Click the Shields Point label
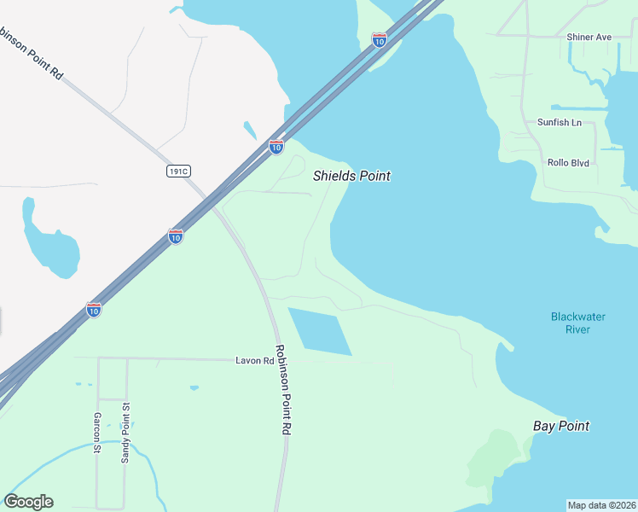(x=351, y=176)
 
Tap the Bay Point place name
(x=560, y=426)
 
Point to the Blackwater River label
(x=577, y=323)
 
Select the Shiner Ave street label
(x=589, y=38)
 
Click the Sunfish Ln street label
(x=559, y=122)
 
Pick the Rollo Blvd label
(x=568, y=162)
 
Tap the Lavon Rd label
(x=254, y=361)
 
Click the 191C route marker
(x=177, y=172)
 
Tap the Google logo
(x=28, y=502)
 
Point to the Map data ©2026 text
(x=602, y=505)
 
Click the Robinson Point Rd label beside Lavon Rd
(x=282, y=391)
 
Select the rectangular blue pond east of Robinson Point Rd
(x=320, y=331)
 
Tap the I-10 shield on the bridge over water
(x=380, y=39)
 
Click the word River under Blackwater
(x=577, y=329)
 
